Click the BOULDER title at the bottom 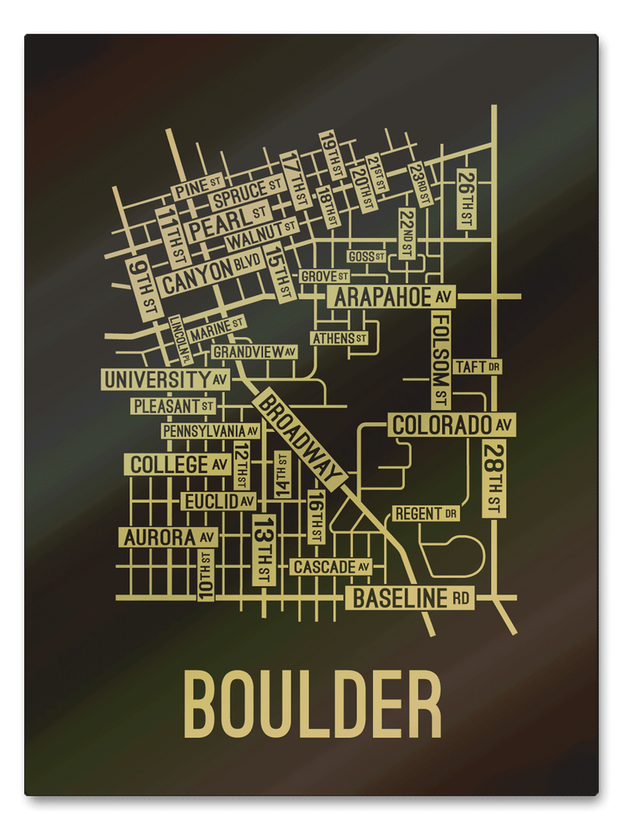[x=311, y=705]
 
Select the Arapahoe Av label [x=392, y=297]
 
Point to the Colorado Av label [x=451, y=426]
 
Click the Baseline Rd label [x=410, y=598]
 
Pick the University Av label [x=166, y=380]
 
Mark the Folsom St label [x=442, y=359]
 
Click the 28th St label [x=493, y=478]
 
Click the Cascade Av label [x=331, y=567]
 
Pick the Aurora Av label [x=167, y=537]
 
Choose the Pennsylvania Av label [x=210, y=431]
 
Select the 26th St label [x=466, y=198]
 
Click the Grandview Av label [x=255, y=352]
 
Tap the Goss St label [x=366, y=256]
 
